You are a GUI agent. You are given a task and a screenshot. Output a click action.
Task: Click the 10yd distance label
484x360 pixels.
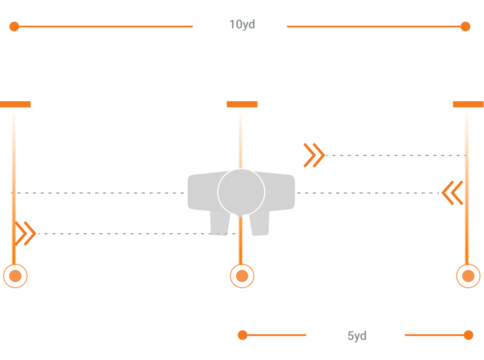(242, 25)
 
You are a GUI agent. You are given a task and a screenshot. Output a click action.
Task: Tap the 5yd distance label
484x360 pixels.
(357, 336)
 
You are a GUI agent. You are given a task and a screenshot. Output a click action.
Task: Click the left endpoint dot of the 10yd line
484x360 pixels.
(14, 27)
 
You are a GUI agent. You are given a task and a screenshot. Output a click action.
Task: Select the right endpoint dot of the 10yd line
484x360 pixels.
(465, 27)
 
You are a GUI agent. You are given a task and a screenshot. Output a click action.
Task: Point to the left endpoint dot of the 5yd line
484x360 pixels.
(242, 335)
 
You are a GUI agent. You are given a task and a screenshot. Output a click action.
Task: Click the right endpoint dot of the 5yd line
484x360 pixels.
(468, 335)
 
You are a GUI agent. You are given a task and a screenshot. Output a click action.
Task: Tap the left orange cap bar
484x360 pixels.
(15, 104)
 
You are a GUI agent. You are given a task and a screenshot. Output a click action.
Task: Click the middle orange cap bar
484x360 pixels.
(242, 104)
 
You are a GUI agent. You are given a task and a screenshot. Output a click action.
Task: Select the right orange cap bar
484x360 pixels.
(468, 104)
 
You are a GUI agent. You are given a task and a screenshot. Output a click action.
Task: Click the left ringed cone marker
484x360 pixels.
(15, 276)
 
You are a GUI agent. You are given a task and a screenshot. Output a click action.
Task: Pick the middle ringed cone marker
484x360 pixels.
(242, 276)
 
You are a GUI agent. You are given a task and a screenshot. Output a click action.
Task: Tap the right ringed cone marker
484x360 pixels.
(468, 276)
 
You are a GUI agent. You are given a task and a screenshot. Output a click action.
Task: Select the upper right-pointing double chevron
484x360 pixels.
(314, 155)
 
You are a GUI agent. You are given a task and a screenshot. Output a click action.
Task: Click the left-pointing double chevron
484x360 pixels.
(453, 193)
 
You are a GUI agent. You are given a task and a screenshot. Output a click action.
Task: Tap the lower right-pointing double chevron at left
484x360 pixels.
(26, 233)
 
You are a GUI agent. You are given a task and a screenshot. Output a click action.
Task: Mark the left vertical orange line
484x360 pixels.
(14, 161)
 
